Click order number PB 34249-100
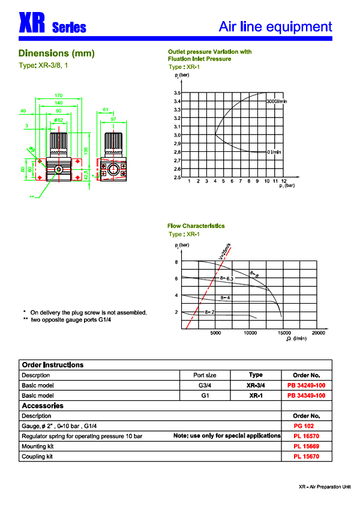(x=306, y=385)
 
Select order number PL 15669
(x=306, y=446)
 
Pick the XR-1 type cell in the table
(x=256, y=396)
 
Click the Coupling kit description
(x=37, y=457)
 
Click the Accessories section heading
(x=43, y=406)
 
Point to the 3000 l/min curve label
(x=277, y=102)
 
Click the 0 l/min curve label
(x=274, y=152)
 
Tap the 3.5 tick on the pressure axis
(x=177, y=93)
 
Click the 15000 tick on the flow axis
(x=284, y=333)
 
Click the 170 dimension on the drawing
(x=58, y=95)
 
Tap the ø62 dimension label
(x=58, y=120)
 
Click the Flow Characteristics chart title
(x=196, y=226)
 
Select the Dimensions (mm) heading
(x=56, y=53)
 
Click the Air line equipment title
(x=275, y=26)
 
